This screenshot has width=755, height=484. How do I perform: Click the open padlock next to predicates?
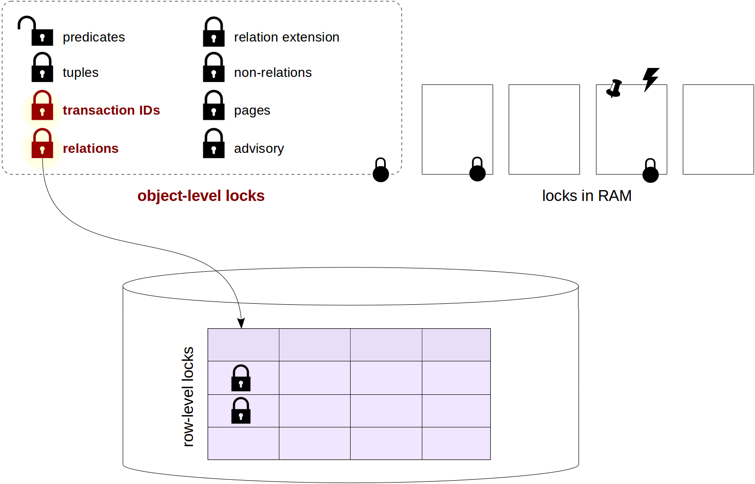coord(37,32)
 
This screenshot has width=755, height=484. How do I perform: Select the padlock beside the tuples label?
coord(42,67)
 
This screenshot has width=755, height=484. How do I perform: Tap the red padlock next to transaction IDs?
coord(42,106)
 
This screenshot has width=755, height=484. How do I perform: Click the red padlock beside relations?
coord(42,144)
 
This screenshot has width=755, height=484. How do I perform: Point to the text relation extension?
coord(286,37)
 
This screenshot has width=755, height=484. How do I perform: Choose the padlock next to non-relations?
coord(213,67)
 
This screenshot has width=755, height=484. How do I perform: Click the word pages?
coord(252,110)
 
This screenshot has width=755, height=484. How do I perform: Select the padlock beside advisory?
coord(213,144)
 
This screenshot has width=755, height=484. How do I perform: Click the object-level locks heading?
coord(201,196)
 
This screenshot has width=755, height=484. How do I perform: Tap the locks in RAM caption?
coord(587,196)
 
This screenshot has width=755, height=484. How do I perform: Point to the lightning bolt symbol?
coord(651,79)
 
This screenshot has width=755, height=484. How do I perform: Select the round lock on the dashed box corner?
coord(381,171)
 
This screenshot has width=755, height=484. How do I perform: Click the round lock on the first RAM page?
coord(477,170)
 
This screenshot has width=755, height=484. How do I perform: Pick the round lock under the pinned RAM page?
coord(650,171)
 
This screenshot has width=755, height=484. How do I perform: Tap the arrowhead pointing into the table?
coord(241,323)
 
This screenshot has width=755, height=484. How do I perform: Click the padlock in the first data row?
coord(241,378)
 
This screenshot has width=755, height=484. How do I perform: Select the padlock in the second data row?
coord(241,411)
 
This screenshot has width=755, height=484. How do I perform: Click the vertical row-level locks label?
coord(188,396)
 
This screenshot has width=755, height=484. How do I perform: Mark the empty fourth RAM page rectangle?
coord(718,129)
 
